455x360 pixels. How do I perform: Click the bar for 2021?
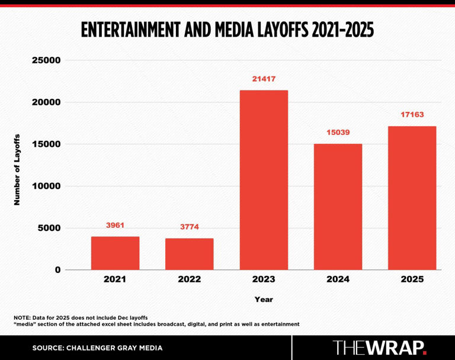115,253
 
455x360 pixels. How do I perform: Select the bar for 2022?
190,254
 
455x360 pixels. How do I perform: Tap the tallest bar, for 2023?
264,180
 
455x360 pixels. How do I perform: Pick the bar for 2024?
338,207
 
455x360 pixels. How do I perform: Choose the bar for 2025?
412,198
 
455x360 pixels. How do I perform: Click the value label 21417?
264,79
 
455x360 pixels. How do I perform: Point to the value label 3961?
115,226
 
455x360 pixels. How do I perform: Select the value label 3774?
190,227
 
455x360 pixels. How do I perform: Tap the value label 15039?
338,133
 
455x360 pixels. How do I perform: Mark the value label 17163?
412,115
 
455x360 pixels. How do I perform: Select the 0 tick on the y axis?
57,270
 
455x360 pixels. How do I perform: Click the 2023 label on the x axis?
264,279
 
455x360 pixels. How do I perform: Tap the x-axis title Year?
264,300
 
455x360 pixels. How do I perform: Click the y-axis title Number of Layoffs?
17,169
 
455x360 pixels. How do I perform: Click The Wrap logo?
379,348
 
